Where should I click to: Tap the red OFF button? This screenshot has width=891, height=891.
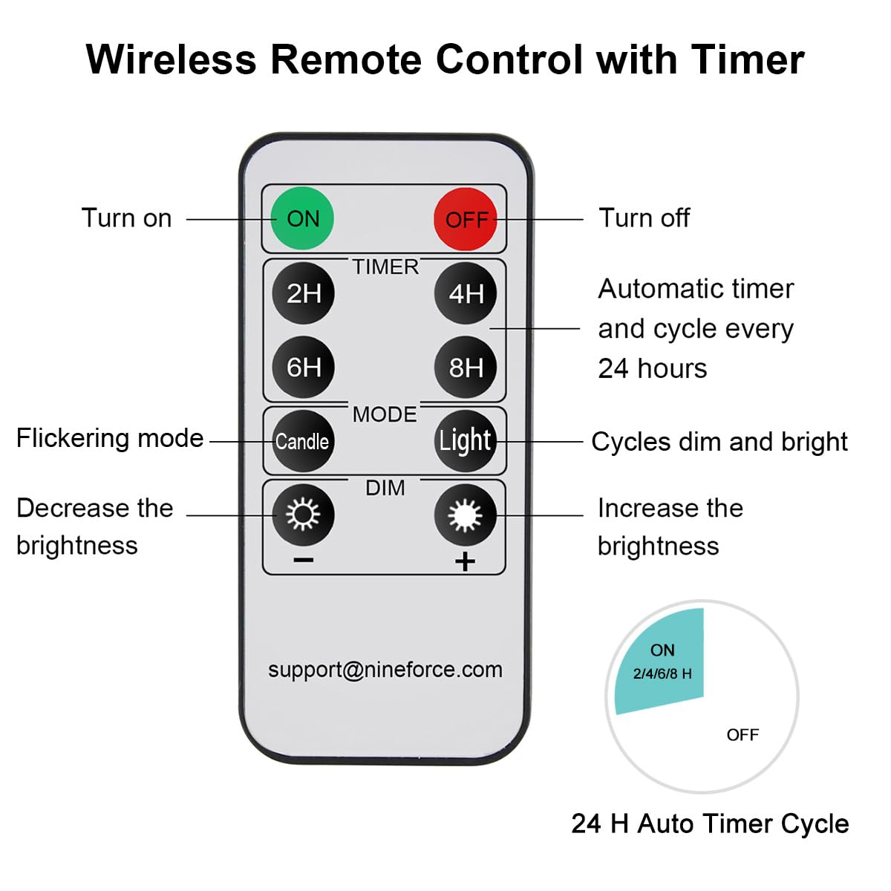(x=466, y=219)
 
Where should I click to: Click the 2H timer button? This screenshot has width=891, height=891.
(x=303, y=293)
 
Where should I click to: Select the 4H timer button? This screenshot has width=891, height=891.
(x=466, y=293)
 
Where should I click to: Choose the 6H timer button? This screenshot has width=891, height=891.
(x=303, y=367)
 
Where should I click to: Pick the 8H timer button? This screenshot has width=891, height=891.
(x=466, y=367)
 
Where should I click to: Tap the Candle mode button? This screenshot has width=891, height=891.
(x=302, y=441)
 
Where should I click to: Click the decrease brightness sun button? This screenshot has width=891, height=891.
(x=303, y=514)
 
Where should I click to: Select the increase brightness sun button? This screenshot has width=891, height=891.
(x=466, y=514)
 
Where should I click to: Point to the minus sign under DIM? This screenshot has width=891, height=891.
(x=303, y=561)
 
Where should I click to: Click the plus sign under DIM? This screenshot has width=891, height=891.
(x=465, y=561)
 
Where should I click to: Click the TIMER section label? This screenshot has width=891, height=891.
(x=385, y=267)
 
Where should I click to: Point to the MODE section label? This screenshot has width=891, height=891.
(x=385, y=414)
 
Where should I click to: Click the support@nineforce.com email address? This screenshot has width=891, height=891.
(x=385, y=670)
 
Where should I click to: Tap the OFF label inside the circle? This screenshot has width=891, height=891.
(x=742, y=735)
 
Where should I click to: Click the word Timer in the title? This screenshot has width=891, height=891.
(x=747, y=59)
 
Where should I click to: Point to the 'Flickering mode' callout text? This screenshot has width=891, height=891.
(x=110, y=438)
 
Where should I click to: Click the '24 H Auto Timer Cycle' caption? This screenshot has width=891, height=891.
(x=710, y=823)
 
